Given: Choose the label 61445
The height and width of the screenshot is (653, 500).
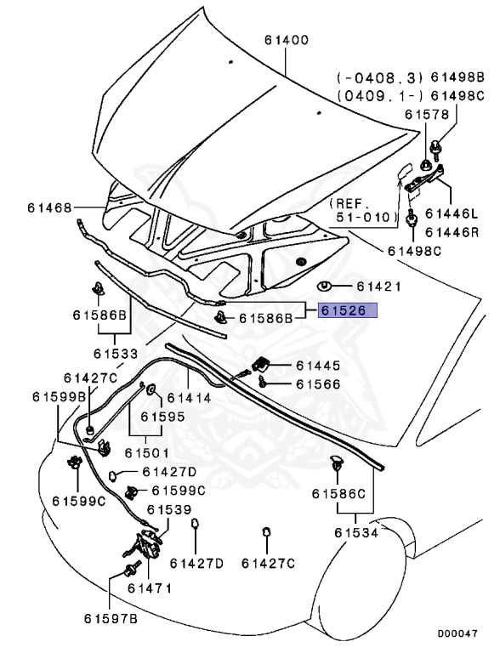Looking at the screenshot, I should coord(318,366).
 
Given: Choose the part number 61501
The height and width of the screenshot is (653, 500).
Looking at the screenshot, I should coord(147,453).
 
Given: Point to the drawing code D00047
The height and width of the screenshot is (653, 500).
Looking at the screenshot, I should coord(457,633).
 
